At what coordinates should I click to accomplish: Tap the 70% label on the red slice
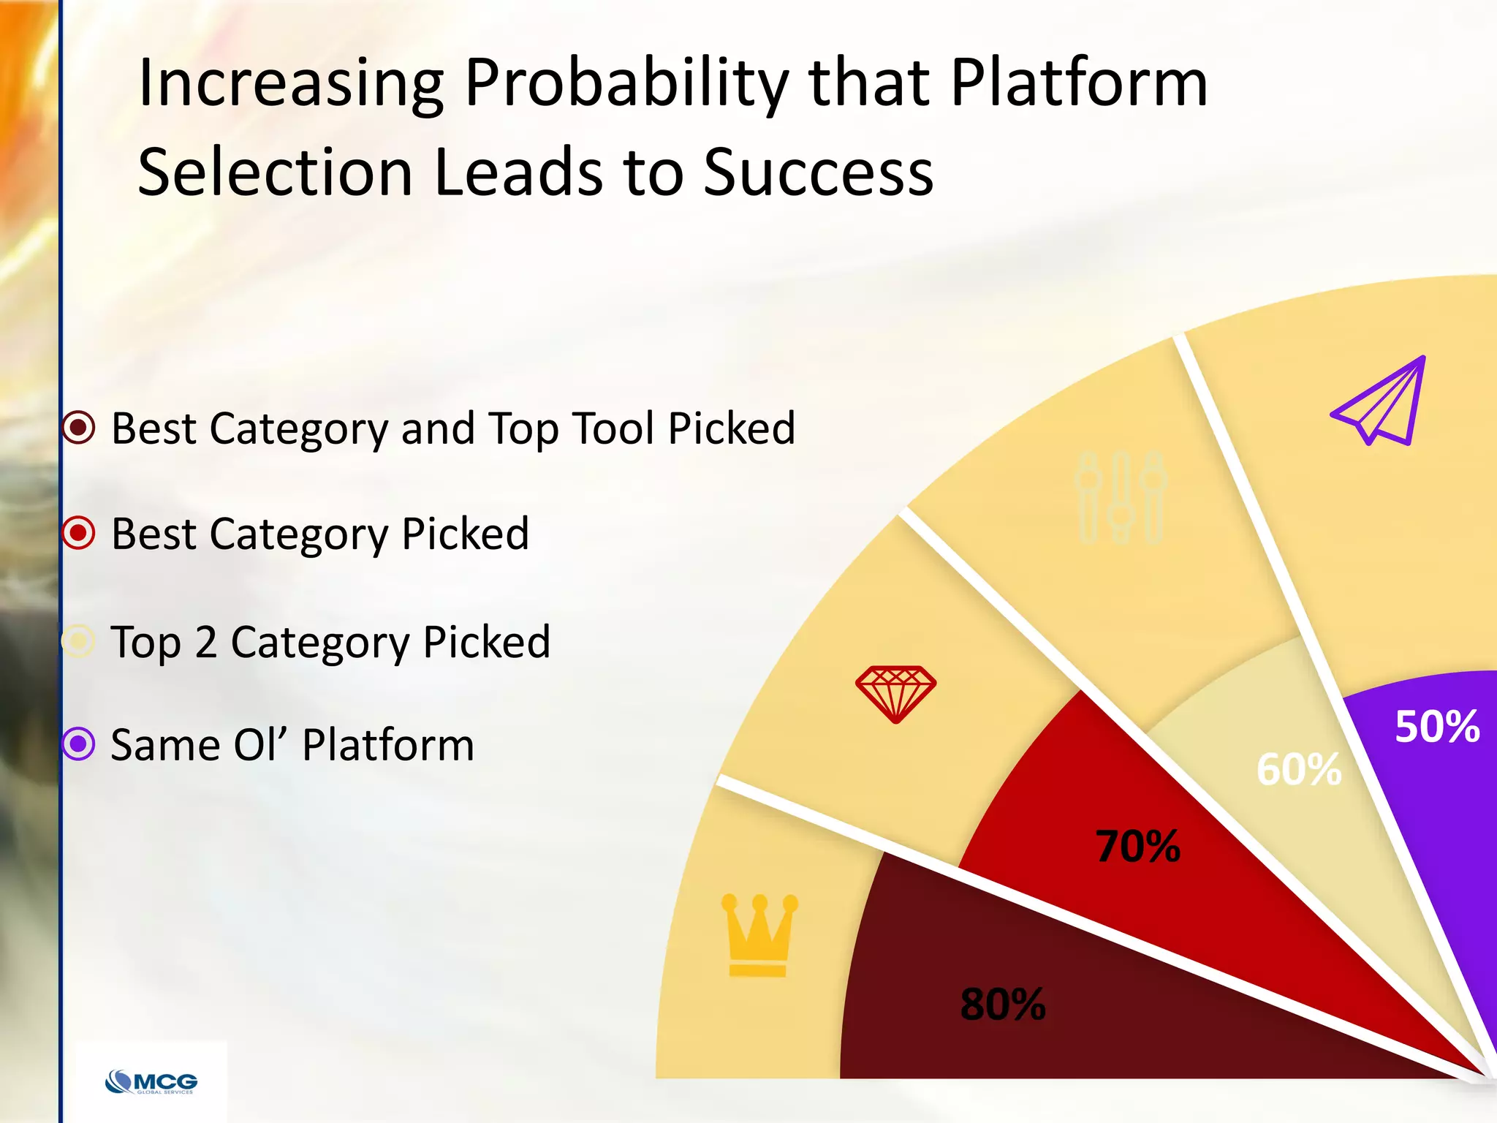click(x=1137, y=846)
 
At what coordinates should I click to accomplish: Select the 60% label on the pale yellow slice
click(x=1299, y=769)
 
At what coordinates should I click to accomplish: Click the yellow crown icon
click(x=759, y=935)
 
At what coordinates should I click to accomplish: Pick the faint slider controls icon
click(x=1121, y=497)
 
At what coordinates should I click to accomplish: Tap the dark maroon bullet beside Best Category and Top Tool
click(x=79, y=428)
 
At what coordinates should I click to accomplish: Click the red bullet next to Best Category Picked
click(x=79, y=533)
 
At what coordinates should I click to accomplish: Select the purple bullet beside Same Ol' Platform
click(x=79, y=744)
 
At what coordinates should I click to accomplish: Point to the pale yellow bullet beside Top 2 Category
click(x=79, y=641)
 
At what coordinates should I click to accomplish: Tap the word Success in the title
click(x=818, y=173)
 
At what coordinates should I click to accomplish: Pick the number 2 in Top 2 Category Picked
click(x=205, y=642)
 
